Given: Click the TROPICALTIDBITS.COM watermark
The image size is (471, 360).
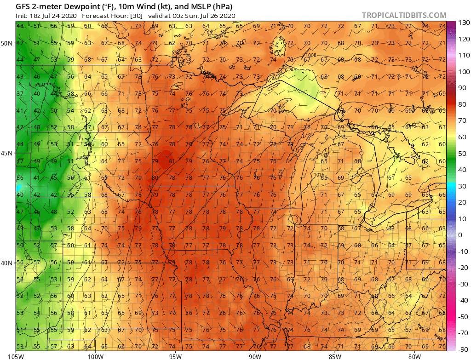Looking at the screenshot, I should pos(404,15).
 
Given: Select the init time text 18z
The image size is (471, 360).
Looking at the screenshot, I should pos(35,16).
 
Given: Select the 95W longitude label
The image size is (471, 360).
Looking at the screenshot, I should pos(175,356).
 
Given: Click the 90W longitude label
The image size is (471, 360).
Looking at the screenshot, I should pos(255,356).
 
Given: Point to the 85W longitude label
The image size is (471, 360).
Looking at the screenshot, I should pos(335,356).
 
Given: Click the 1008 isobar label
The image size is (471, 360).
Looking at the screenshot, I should pos(311,55).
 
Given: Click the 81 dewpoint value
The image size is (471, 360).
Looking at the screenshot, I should pos(171,161).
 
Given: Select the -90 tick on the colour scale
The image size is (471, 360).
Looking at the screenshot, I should pos(463,349).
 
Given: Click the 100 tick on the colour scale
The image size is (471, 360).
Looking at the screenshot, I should pos(463,72).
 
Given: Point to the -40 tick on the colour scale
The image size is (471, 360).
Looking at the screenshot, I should pos(463,300).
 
